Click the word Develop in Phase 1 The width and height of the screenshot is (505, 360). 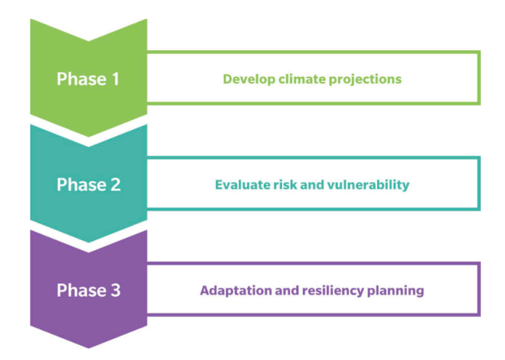(249, 79)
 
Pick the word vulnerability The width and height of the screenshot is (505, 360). (368, 185)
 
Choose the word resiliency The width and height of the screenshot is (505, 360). (333, 291)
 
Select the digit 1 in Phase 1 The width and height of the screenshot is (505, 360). (115, 79)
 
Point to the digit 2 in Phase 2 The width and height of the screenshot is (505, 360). (116, 185)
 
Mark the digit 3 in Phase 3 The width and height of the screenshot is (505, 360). (116, 290)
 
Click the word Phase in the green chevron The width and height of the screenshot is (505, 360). (81, 79)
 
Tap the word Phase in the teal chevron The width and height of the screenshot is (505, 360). (81, 185)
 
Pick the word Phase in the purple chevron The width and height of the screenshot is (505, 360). (81, 290)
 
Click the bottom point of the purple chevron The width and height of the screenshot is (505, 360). (89, 348)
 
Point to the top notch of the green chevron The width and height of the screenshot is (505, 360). (89, 41)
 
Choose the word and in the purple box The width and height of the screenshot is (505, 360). (287, 291)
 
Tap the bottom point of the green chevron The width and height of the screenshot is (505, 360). (89, 137)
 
